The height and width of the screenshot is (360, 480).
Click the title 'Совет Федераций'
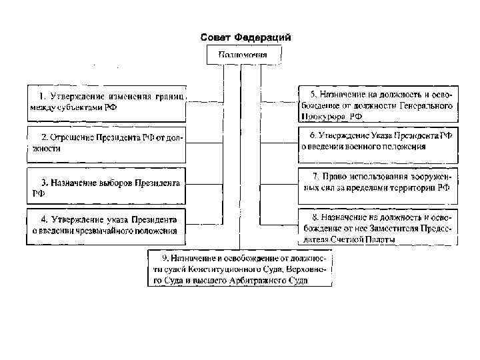pyautogui.click(x=246, y=37)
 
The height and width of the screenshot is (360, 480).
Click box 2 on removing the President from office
pyautogui.click(x=107, y=143)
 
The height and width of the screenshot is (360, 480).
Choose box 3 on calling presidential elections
pyautogui.click(x=107, y=186)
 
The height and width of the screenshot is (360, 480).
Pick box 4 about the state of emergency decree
pyautogui.click(x=107, y=225)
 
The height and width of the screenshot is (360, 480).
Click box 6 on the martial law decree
pyautogui.click(x=378, y=141)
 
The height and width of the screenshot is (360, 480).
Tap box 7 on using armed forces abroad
pyautogui.click(x=378, y=182)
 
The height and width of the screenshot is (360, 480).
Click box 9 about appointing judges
pyautogui.click(x=240, y=269)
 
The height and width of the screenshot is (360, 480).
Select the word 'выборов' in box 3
pyautogui.click(x=114, y=181)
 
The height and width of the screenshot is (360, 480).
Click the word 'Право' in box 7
pyautogui.click(x=335, y=177)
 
